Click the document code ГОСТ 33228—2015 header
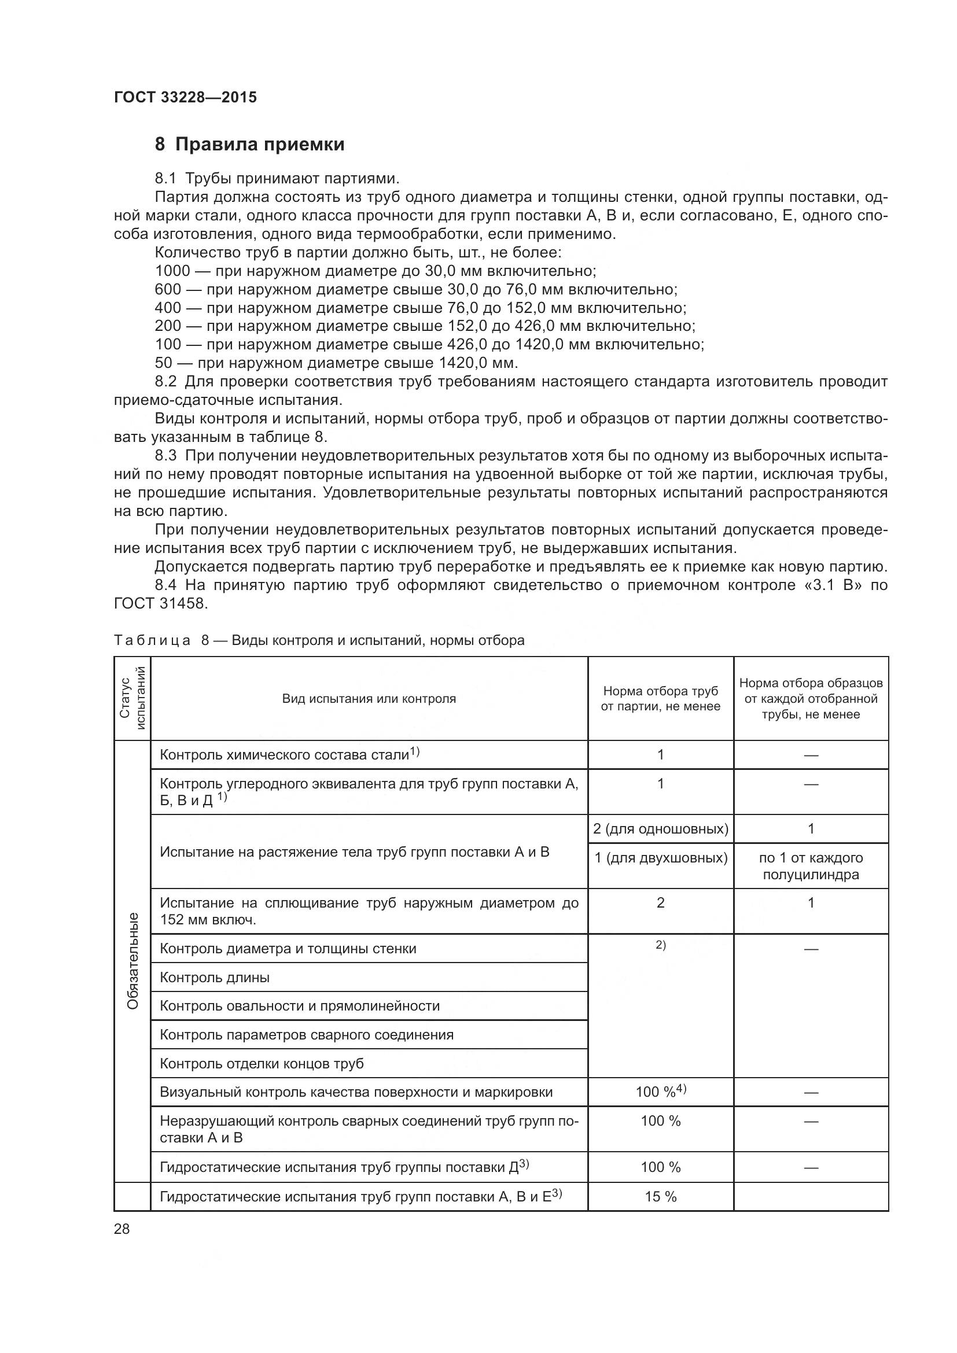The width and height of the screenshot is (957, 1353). (x=185, y=98)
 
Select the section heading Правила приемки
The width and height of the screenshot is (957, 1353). (x=259, y=145)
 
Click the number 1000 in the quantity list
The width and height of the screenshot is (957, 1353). (x=172, y=271)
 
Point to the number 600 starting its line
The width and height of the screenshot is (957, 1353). (x=167, y=289)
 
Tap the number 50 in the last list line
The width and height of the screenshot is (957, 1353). (x=163, y=363)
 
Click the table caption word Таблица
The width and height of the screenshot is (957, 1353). (x=152, y=640)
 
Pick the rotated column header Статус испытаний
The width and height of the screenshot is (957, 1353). (x=132, y=698)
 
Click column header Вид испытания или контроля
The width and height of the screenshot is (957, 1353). (x=369, y=699)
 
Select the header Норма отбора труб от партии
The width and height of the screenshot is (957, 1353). (x=661, y=699)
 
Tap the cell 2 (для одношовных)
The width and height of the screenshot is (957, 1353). (x=661, y=829)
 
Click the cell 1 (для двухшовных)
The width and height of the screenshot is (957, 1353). (x=661, y=858)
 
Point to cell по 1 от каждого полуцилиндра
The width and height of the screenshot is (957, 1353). (x=811, y=867)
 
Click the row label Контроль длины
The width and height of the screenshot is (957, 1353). (x=215, y=978)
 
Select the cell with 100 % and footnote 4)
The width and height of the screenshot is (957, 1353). (x=661, y=1092)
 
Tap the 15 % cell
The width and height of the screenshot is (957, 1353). (x=661, y=1197)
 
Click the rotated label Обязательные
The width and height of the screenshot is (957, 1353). (x=132, y=961)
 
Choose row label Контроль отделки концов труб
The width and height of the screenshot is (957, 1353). (x=262, y=1064)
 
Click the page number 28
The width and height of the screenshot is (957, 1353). (x=122, y=1229)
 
